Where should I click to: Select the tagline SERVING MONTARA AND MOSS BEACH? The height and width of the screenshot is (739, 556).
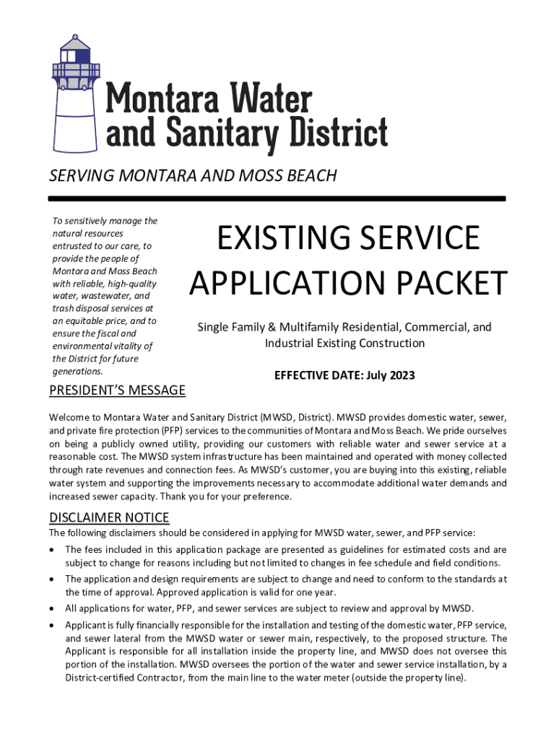coord(193,175)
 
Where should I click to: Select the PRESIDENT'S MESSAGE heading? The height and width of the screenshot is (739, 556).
coord(117,391)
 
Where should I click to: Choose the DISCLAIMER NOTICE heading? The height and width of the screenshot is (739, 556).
coord(109,517)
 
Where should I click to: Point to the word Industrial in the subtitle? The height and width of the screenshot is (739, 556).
coord(289,344)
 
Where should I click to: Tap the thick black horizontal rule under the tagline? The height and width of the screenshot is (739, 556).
coord(277,198)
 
